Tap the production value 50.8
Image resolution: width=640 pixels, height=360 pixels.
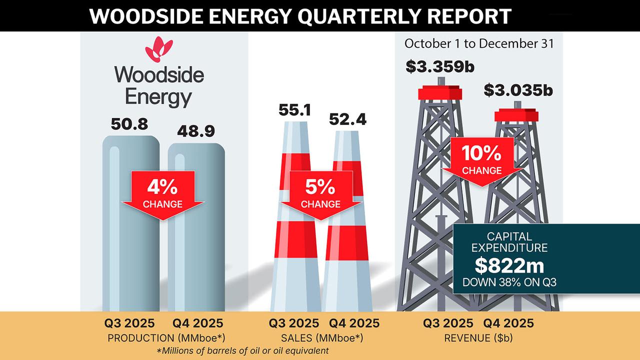pos(129,124)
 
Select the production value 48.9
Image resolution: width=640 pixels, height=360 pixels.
pos(196,131)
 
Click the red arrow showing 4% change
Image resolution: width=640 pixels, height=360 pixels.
pos(162,192)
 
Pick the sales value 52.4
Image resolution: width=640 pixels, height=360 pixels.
pos(347,120)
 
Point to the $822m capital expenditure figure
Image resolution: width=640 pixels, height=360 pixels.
pos(509,265)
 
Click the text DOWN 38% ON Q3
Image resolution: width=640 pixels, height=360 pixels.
pos(509,282)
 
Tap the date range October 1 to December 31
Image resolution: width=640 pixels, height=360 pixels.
pos(479,43)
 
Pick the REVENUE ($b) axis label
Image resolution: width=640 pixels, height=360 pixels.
pos(478,338)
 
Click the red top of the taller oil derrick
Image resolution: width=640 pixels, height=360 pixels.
pos(439,92)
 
